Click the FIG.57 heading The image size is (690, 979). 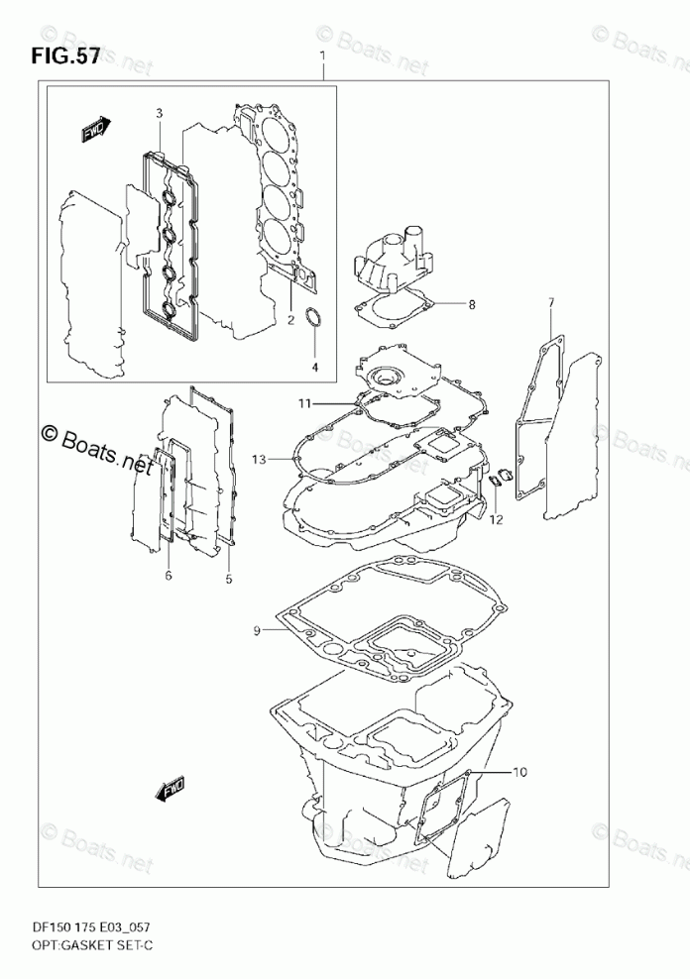(x=65, y=56)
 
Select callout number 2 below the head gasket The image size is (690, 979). (x=290, y=319)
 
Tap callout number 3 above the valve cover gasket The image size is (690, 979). (x=159, y=114)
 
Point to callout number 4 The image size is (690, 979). (x=315, y=368)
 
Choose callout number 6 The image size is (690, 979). (x=169, y=575)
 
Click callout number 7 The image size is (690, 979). (x=551, y=301)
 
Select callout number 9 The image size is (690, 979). (x=256, y=630)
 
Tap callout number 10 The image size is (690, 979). (x=521, y=771)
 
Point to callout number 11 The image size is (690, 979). (x=307, y=403)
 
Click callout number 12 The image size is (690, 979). (x=496, y=519)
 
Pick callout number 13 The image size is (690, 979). (x=260, y=460)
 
